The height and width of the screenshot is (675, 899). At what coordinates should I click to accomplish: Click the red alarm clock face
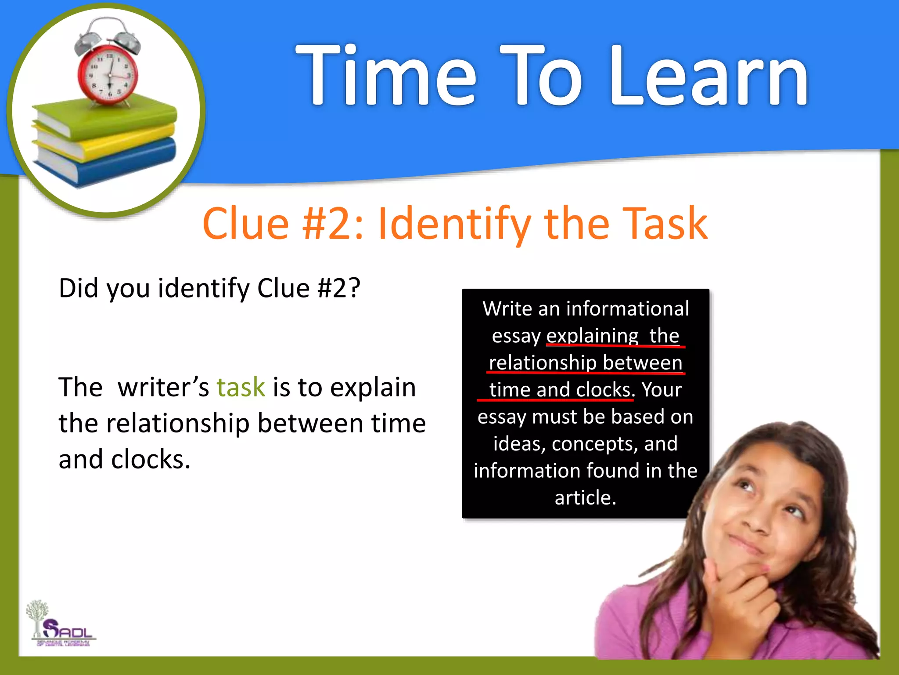(108, 73)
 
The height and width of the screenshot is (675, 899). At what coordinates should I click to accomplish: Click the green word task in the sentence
(241, 388)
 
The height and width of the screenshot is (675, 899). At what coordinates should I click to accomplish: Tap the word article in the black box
(585, 498)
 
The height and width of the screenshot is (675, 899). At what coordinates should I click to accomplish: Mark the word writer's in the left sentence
(163, 388)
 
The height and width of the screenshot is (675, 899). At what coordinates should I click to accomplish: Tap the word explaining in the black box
(592, 336)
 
